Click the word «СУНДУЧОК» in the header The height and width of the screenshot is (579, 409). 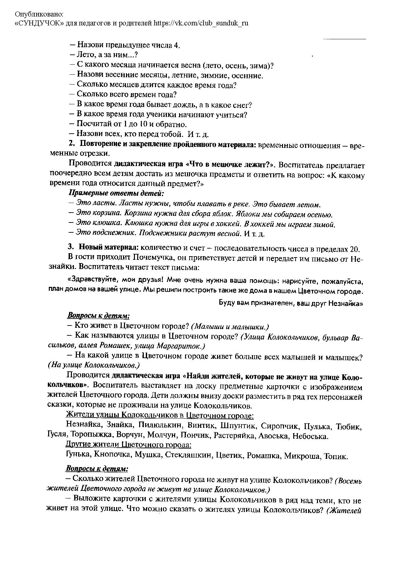click(37, 23)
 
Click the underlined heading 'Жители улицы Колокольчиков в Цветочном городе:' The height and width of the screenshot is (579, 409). click(160, 415)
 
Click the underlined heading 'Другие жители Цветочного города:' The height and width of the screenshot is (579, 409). click(129, 445)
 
